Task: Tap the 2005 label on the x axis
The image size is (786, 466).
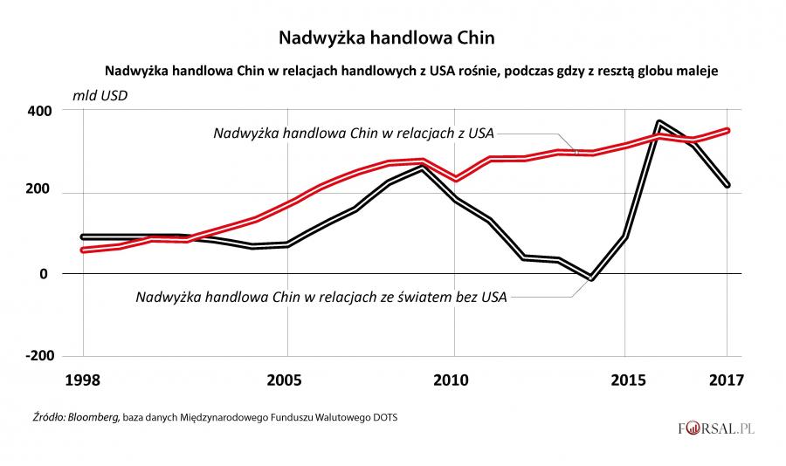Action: click(286, 380)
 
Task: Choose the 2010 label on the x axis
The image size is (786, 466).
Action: click(454, 380)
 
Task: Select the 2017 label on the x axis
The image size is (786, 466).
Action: click(726, 380)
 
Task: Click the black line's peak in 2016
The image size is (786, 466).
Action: click(659, 123)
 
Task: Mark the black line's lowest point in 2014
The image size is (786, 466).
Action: click(591, 278)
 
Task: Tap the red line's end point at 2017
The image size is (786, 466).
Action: click(727, 131)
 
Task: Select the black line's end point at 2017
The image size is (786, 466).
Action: click(727, 185)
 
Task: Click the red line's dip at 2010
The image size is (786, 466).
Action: click(454, 179)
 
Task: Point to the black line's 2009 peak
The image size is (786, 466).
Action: click(422, 168)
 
